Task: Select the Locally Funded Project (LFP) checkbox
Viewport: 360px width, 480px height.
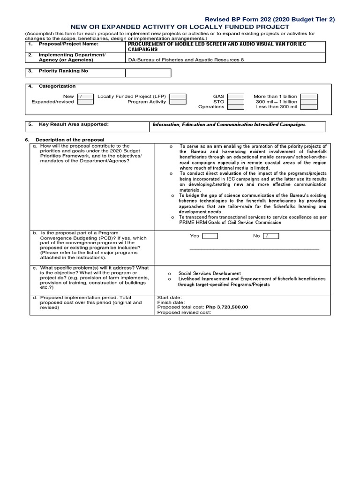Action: (x=177, y=96)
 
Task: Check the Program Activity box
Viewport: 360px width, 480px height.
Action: (x=177, y=101)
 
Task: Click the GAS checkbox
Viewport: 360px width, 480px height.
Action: (x=236, y=96)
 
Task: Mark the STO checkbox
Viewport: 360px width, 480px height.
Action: (x=236, y=101)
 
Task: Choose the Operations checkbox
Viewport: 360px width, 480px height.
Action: (x=236, y=106)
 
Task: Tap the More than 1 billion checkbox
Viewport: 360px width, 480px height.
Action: (x=309, y=96)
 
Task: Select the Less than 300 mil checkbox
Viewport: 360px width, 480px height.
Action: (x=309, y=106)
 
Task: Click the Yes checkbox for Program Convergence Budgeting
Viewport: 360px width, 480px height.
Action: (x=210, y=236)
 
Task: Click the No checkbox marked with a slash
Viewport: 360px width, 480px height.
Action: (x=271, y=236)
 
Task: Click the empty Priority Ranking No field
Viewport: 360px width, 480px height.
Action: (x=148, y=73)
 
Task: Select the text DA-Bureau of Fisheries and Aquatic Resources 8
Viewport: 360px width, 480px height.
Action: (x=186, y=60)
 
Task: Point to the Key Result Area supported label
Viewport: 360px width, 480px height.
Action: (x=74, y=124)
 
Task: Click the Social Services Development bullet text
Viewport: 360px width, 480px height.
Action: (x=210, y=273)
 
